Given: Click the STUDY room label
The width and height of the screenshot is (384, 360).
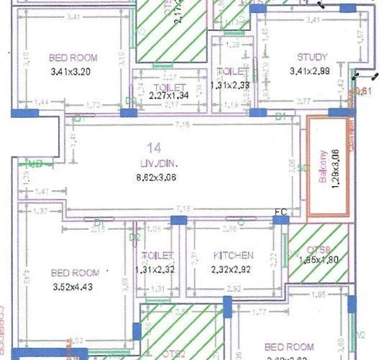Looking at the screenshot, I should click(313, 57).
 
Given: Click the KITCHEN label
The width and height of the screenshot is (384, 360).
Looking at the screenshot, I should click(233, 255).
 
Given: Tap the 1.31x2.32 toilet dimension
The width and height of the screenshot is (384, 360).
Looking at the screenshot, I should click(158, 269).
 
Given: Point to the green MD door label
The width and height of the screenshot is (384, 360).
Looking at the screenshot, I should click(33, 165).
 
